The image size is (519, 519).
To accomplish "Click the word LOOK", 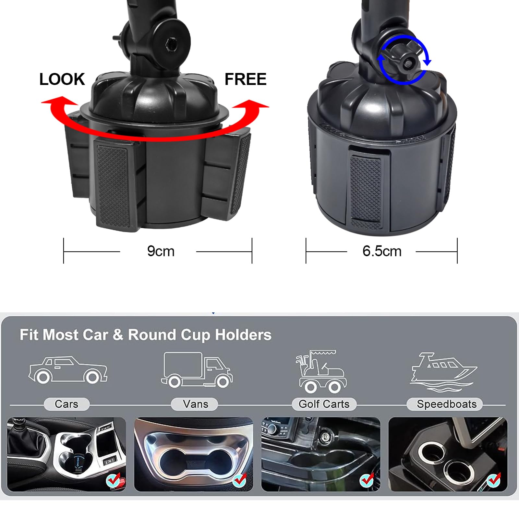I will (x=62, y=79).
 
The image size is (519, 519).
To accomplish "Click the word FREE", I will (x=246, y=79).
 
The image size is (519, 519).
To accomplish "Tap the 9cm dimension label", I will (x=161, y=251).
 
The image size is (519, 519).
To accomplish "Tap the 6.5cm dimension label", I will (x=382, y=251).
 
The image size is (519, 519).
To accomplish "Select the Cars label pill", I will (x=66, y=404).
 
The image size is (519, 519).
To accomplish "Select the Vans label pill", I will (x=195, y=404).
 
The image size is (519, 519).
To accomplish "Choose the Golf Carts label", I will (x=324, y=404).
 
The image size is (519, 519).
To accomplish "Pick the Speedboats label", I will (x=446, y=404).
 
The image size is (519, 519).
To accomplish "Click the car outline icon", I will (x=68, y=370).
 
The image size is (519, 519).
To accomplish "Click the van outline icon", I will (x=197, y=370).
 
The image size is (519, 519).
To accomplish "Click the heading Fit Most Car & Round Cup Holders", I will (x=146, y=335).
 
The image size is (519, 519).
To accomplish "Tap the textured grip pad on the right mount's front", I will (x=366, y=191).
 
